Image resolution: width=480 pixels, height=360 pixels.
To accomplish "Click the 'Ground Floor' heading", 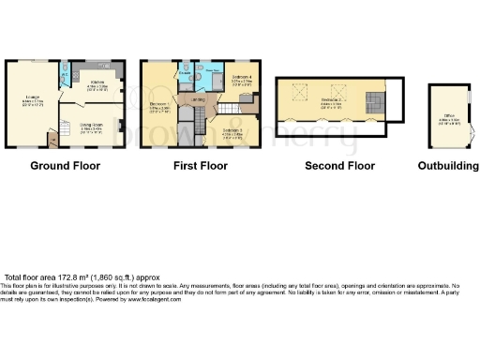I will coord(65,166).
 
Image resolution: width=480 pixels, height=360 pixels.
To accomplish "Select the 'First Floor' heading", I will coord(200,166).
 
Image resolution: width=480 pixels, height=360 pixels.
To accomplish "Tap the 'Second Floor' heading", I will coord(339,166).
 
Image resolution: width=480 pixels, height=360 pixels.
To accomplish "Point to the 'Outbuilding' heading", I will coord(447,166).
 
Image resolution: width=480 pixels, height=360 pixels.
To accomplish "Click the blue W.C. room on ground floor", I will coord(63,74).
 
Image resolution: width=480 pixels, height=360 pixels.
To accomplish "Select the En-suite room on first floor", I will coord(184,77).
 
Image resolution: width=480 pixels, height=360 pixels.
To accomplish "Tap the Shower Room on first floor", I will coord(213,75).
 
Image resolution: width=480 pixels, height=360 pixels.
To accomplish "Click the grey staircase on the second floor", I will coord(374,101).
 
